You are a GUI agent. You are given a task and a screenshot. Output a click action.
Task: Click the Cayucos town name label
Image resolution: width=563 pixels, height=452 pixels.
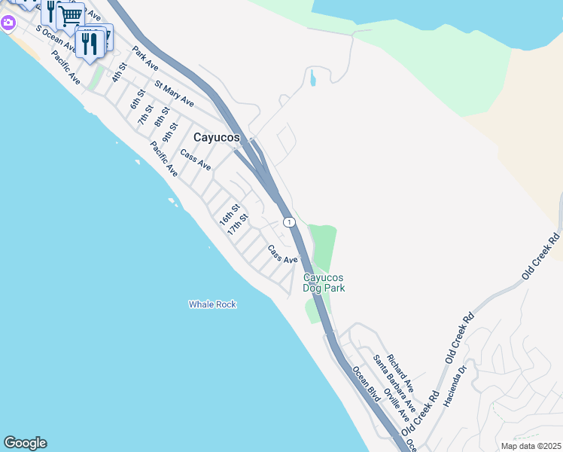[x=216, y=138]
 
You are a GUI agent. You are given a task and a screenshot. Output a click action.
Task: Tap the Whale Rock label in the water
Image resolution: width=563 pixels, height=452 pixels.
[x=212, y=304]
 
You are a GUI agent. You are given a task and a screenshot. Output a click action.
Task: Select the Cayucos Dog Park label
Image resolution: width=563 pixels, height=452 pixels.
[x=324, y=282]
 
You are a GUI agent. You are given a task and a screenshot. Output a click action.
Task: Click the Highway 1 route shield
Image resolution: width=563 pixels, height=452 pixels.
[x=288, y=222]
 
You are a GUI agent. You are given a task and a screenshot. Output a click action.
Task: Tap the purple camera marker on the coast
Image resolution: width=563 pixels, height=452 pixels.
[x=8, y=23]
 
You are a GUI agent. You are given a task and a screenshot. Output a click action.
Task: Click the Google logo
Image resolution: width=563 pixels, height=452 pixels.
[x=25, y=443]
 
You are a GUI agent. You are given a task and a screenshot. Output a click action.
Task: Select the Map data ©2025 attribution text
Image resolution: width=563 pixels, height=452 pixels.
[x=531, y=446]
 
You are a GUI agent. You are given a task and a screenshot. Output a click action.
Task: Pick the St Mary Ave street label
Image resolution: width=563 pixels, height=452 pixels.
[x=174, y=93]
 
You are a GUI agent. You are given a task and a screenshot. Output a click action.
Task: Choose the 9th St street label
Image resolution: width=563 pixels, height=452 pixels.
[x=172, y=133]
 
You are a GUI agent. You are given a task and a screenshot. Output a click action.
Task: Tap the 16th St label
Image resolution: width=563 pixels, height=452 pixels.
[x=229, y=215]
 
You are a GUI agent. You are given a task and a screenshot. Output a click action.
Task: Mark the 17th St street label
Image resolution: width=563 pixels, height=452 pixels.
[x=238, y=224]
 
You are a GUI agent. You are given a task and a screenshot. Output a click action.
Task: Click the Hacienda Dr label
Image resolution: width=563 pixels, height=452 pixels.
[x=456, y=385]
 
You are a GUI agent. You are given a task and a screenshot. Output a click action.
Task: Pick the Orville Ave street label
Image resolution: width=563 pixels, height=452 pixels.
[x=395, y=405]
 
